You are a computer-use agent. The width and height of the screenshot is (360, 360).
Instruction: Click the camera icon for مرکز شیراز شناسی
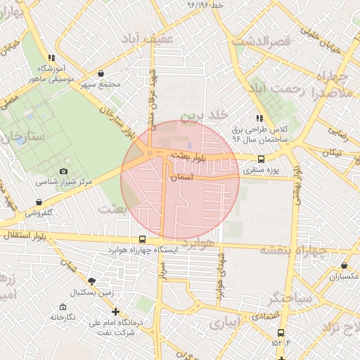[64, 171]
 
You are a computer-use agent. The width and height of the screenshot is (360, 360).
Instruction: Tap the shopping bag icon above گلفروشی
[38, 202]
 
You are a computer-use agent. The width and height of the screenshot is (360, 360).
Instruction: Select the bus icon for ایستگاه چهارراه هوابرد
[143, 240]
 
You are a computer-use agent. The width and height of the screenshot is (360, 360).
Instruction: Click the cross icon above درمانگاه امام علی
[115, 312]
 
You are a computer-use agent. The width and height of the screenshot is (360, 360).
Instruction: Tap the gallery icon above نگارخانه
[63, 307]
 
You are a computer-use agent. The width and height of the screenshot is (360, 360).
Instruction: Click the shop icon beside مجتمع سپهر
[101, 74]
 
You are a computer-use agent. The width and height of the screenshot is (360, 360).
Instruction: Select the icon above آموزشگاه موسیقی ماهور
[51, 58]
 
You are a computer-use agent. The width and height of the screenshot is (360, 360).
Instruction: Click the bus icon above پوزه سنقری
[262, 160]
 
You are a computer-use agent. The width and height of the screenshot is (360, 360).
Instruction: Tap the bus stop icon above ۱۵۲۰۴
[281, 333]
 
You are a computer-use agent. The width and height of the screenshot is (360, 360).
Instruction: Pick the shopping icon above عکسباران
[344, 266]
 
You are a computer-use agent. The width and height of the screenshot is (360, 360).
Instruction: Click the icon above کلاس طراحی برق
[259, 118]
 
